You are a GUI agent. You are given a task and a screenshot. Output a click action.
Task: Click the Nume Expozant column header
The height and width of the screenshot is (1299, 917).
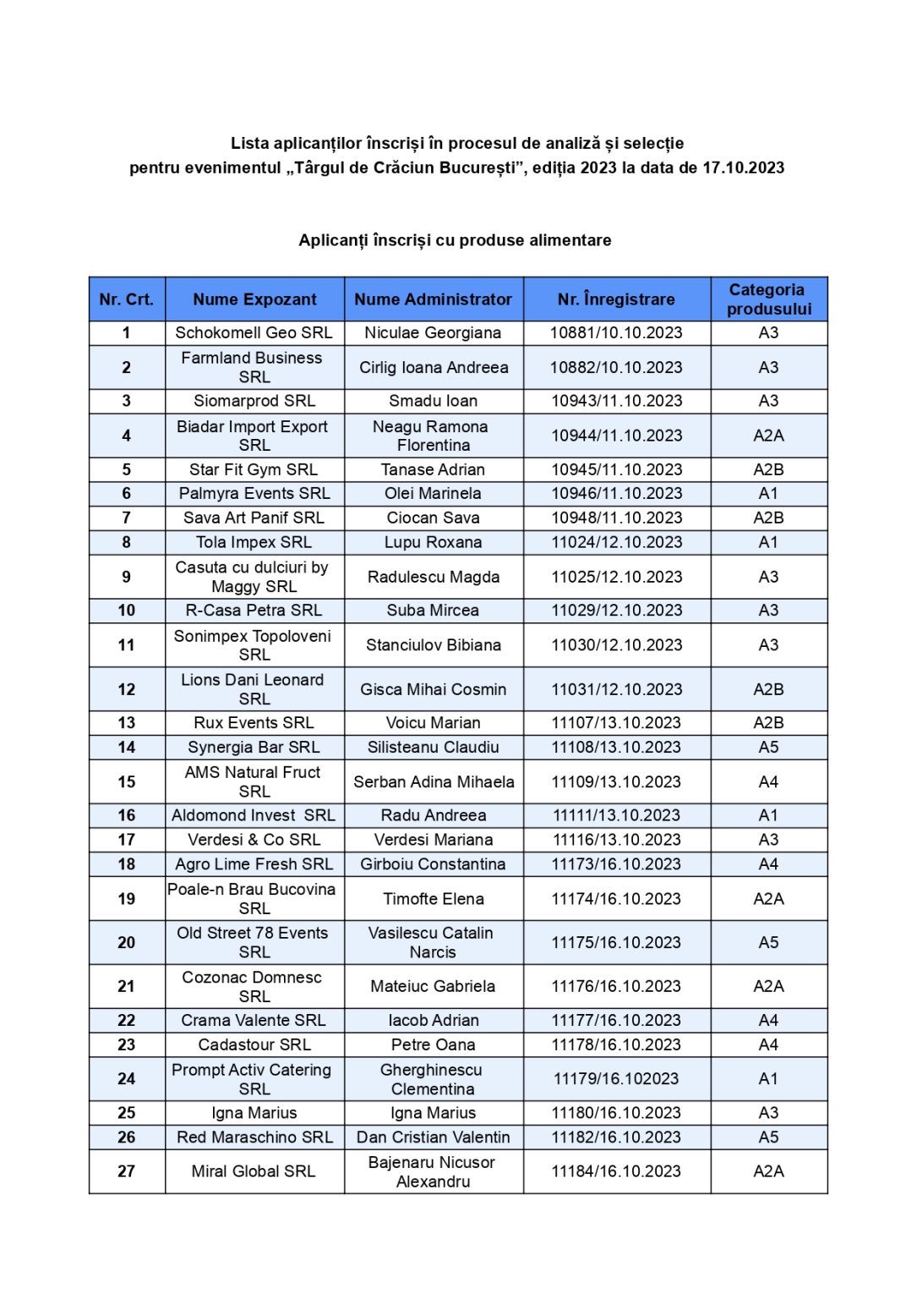click(254, 299)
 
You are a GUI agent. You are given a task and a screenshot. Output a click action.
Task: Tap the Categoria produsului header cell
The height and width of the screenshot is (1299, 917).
click(768, 299)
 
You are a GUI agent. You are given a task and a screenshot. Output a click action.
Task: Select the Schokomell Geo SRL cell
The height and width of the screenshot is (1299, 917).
click(254, 333)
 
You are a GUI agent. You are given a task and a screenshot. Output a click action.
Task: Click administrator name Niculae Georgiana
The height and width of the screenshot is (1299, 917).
click(433, 333)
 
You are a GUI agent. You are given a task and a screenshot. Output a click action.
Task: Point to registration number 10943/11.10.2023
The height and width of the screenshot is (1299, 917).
click(616, 401)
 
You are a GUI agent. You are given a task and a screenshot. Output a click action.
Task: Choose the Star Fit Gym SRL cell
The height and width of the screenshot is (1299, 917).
click(254, 469)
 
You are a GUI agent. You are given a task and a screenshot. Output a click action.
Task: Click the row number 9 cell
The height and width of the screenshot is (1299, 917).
click(127, 577)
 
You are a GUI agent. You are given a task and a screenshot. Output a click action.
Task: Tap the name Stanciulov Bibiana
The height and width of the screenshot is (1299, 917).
click(433, 645)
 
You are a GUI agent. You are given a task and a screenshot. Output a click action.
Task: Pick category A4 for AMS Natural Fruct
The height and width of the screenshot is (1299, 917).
click(768, 782)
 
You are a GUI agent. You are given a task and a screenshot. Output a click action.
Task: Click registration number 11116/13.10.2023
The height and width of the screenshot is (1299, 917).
click(616, 840)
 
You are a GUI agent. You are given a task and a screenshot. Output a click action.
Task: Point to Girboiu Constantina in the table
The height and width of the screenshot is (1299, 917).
click(433, 864)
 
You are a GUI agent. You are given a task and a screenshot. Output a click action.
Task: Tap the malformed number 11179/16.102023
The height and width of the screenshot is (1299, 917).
click(616, 1079)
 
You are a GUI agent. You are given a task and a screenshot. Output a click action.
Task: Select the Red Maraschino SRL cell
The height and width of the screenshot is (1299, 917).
click(254, 1137)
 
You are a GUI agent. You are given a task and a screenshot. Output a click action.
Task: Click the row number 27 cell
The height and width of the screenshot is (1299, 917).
click(127, 1171)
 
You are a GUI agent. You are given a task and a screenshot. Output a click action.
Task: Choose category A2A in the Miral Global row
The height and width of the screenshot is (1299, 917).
click(768, 1171)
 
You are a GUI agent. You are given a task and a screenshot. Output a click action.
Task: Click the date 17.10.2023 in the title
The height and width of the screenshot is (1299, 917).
click(743, 167)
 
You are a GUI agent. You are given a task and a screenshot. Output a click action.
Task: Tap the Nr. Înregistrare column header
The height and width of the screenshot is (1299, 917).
click(616, 299)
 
